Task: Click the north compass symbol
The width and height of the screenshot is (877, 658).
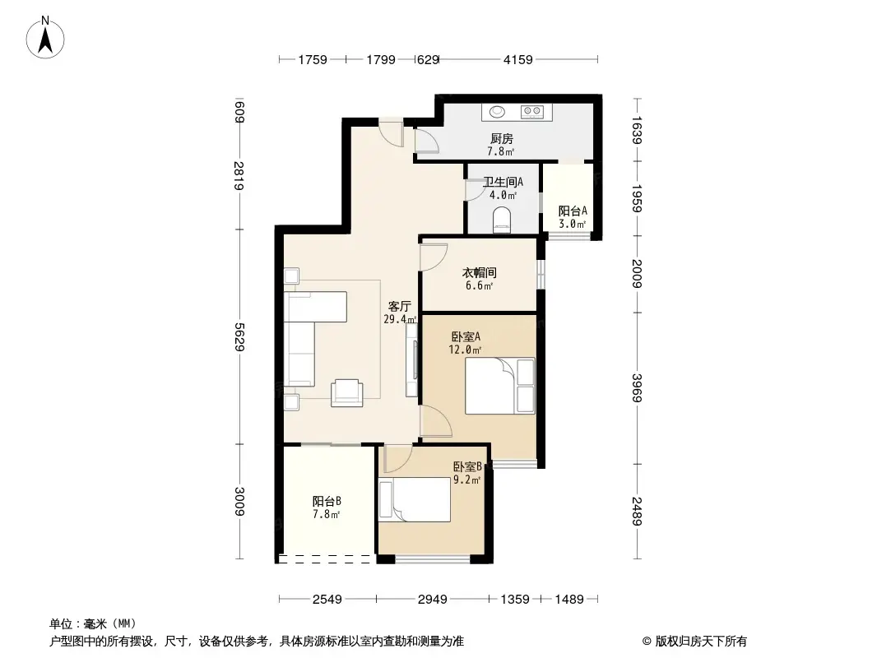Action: click(x=47, y=38)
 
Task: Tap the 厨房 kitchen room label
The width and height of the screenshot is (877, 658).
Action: click(x=501, y=139)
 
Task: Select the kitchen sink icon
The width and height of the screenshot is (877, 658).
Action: click(x=499, y=111)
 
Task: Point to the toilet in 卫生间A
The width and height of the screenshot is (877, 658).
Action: click(x=501, y=220)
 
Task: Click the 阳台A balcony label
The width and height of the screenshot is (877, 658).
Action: click(x=572, y=211)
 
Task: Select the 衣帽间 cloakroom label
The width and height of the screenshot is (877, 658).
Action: click(x=478, y=273)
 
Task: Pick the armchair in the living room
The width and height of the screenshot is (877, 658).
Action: click(x=346, y=392)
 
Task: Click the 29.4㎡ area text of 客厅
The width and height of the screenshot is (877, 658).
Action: click(x=400, y=319)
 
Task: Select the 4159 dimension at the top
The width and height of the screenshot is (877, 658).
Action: click(x=518, y=59)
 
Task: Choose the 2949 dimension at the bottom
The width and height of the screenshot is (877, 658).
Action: click(x=432, y=599)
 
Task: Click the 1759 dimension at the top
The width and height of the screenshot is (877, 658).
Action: click(x=313, y=59)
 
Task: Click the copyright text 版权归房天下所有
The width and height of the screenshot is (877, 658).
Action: click(x=700, y=641)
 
